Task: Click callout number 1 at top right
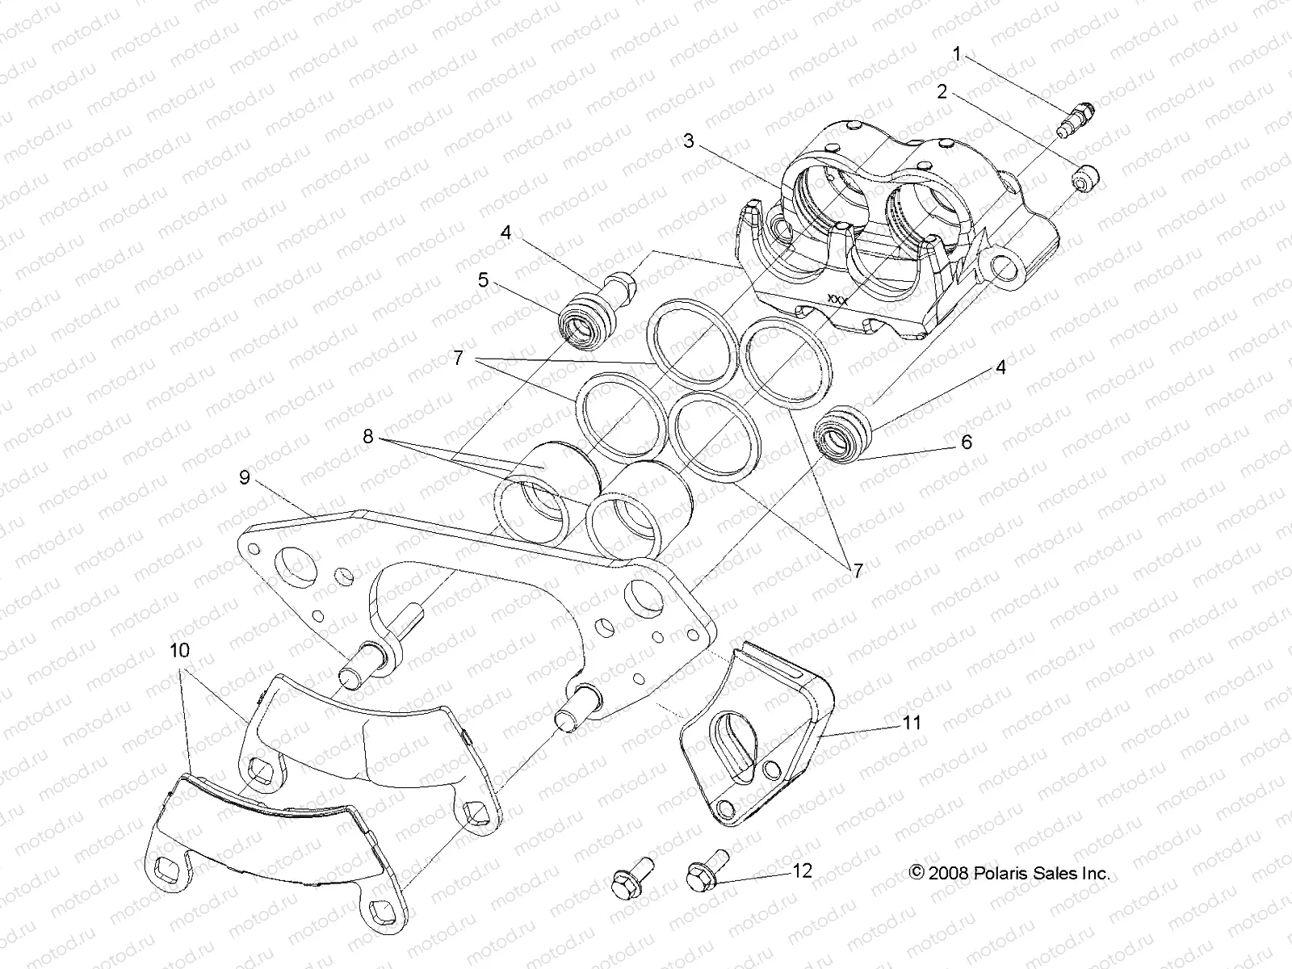tap(957, 55)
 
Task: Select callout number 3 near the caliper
tap(688, 141)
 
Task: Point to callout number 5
tap(483, 280)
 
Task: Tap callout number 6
tap(966, 442)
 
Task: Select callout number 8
tap(367, 437)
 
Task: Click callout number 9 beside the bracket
tap(244, 477)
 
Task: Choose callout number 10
tap(179, 648)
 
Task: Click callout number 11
tap(911, 723)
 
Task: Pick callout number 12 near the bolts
tap(802, 870)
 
